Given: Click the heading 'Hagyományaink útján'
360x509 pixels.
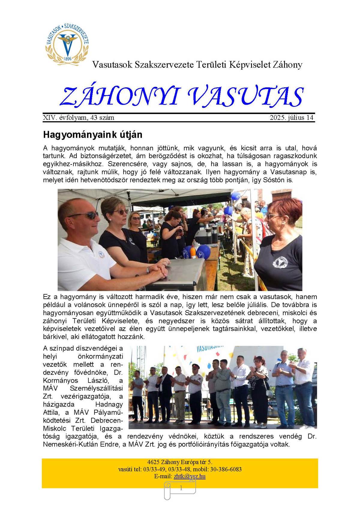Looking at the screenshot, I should [92, 135].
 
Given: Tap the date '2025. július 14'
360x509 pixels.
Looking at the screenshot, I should [291, 118].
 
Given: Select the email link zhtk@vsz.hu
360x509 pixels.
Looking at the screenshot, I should [190, 476].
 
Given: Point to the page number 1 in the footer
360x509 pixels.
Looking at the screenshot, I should [181, 488].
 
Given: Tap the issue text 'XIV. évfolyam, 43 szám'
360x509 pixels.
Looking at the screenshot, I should [79, 118].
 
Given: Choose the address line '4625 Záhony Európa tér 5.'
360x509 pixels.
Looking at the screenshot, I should [180, 462].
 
